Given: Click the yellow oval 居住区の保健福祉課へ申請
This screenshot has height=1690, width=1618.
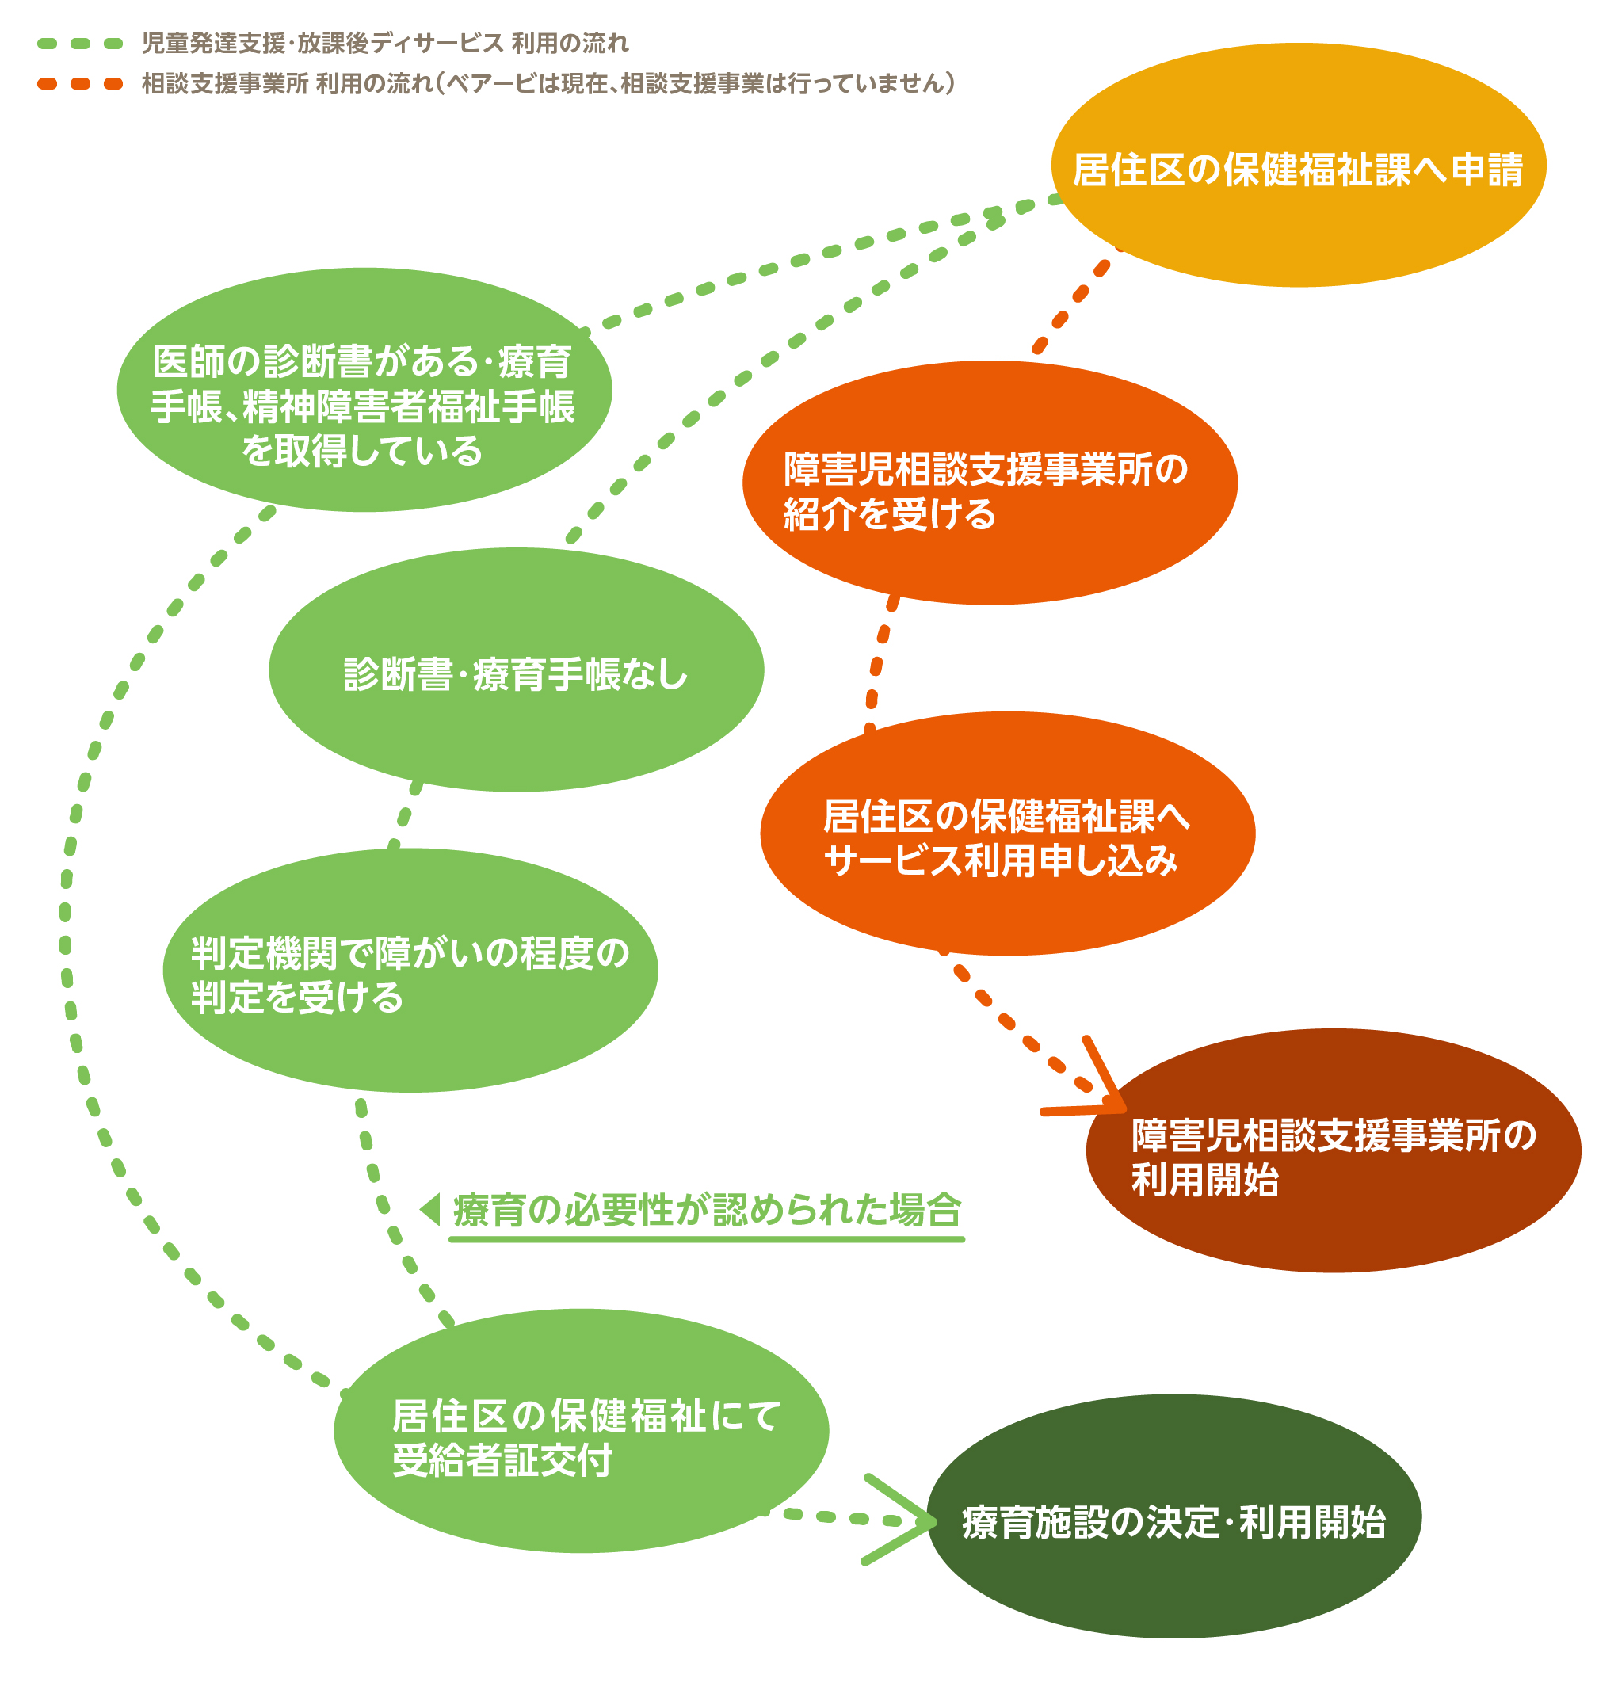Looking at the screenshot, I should point(1298,166).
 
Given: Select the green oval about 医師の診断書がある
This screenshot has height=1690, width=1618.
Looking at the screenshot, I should point(364,390).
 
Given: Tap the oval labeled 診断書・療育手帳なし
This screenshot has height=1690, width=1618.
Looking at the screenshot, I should point(516,670).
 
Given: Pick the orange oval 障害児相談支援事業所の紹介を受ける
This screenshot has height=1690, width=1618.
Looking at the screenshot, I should point(989,483).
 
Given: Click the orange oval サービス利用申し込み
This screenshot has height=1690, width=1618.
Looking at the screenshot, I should point(1006,834).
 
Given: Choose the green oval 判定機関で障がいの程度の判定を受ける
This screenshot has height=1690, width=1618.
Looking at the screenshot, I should point(410,971).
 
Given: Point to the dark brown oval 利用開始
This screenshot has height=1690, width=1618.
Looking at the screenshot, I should point(1333,1151).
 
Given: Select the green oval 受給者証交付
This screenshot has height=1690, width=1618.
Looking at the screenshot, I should point(581,1432).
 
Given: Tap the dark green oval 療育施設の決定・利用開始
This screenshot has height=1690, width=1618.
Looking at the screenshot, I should point(1173,1516).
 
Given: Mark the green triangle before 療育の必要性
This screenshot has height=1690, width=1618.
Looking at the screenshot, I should point(430,1209).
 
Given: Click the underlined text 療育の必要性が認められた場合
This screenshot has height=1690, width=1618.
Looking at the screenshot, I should point(705,1211).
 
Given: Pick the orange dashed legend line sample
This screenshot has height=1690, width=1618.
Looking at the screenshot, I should point(80,84).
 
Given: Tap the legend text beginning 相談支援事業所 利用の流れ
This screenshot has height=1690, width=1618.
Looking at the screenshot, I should point(548,84).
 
